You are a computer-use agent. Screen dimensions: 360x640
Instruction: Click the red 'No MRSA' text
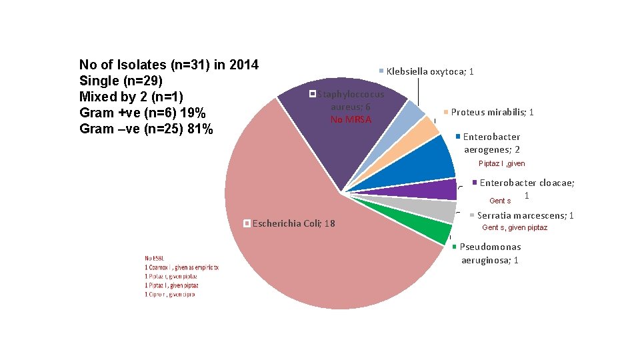[351, 119]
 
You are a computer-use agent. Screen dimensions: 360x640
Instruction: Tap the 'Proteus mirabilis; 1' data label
[492, 112]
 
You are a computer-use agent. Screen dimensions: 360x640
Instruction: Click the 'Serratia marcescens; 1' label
[525, 215]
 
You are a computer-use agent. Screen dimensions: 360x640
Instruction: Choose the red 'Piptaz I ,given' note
[501, 164]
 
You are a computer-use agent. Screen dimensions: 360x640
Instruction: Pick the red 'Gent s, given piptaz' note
[514, 228]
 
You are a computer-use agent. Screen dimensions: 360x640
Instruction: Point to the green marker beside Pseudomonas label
[455, 247]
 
